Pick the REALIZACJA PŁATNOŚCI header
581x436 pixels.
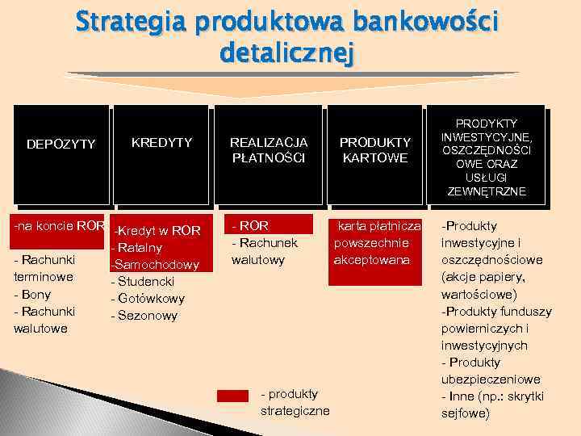(x=268, y=150)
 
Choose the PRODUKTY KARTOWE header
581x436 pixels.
(x=374, y=150)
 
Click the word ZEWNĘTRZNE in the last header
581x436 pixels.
(x=486, y=191)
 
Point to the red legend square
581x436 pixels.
(x=232, y=395)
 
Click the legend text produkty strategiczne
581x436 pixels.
(x=295, y=402)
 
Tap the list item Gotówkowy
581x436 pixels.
(x=148, y=298)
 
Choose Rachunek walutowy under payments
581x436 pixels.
(x=264, y=251)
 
